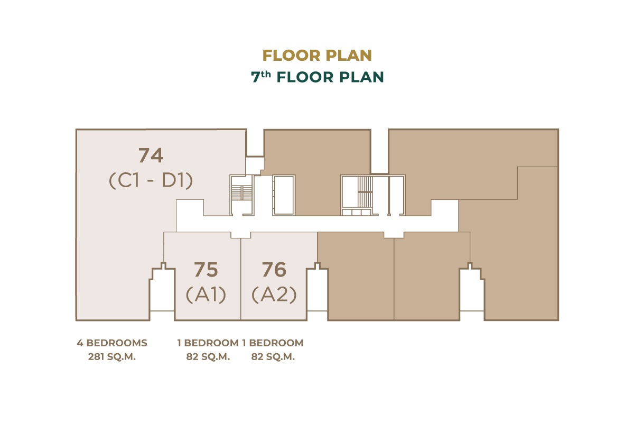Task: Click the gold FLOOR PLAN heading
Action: [317, 55]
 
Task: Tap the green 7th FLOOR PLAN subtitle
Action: [318, 77]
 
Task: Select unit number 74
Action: [151, 155]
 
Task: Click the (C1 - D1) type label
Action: [151, 180]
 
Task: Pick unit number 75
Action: [206, 270]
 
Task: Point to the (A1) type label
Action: [206, 295]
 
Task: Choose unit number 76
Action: [274, 270]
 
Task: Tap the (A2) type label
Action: [274, 295]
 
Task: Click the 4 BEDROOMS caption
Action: [112, 343]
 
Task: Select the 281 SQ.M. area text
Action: [112, 357]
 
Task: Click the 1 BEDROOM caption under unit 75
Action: [208, 343]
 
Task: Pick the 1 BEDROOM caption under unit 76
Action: [273, 343]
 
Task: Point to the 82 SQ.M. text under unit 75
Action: [208, 357]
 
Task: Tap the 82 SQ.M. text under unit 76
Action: [273, 357]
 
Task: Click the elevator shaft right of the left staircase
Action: [284, 195]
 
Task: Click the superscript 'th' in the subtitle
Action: [266, 74]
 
